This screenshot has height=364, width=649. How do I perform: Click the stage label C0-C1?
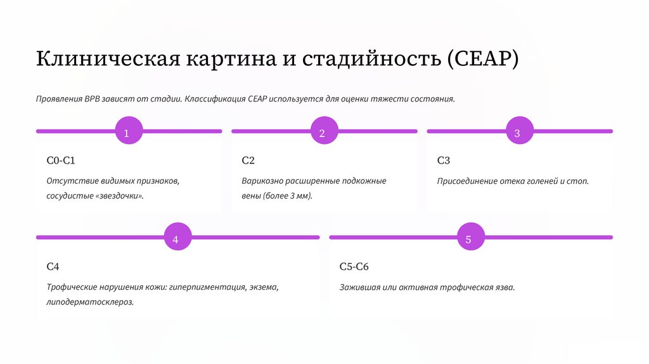[x=61, y=161]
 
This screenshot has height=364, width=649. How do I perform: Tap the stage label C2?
[x=248, y=161]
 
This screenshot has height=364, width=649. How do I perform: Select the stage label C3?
[x=444, y=161]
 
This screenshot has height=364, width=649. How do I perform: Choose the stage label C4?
[x=53, y=266]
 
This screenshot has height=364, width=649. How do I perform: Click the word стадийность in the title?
[x=370, y=59]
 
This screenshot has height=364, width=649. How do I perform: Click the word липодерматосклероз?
[x=90, y=302]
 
